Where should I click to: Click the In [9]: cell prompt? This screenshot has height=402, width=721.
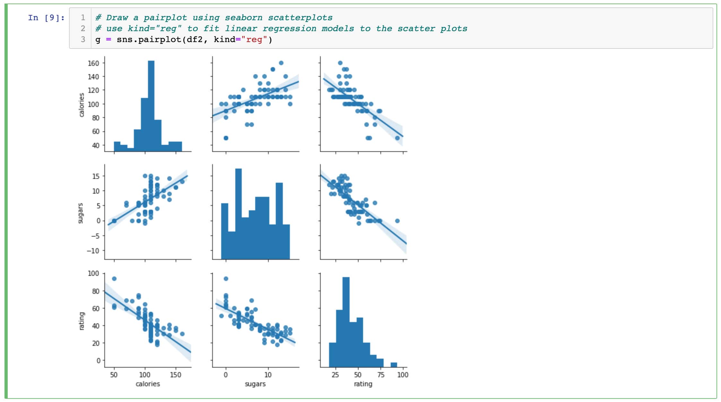click(46, 18)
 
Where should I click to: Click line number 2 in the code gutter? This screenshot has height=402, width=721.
click(83, 29)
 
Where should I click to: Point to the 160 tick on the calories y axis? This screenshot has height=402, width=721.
click(93, 63)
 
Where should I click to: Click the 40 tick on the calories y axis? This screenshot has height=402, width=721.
click(95, 145)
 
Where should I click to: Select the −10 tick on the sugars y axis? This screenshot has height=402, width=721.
click(93, 251)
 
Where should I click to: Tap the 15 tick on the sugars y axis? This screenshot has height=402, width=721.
click(96, 176)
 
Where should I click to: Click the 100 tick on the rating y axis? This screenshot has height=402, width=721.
click(93, 273)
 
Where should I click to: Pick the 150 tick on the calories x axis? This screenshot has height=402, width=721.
click(176, 375)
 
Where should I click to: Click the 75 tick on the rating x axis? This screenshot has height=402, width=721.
click(380, 375)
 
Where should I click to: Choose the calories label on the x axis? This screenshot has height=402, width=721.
click(148, 384)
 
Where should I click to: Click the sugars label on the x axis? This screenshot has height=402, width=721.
click(255, 384)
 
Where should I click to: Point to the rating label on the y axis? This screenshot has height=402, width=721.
click(82, 321)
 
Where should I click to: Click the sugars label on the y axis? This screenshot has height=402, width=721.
click(80, 213)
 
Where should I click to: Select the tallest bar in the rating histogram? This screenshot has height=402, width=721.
click(346, 321)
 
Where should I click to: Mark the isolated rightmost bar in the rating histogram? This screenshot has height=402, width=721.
click(394, 365)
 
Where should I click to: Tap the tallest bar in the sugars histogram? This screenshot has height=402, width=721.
click(238, 214)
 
